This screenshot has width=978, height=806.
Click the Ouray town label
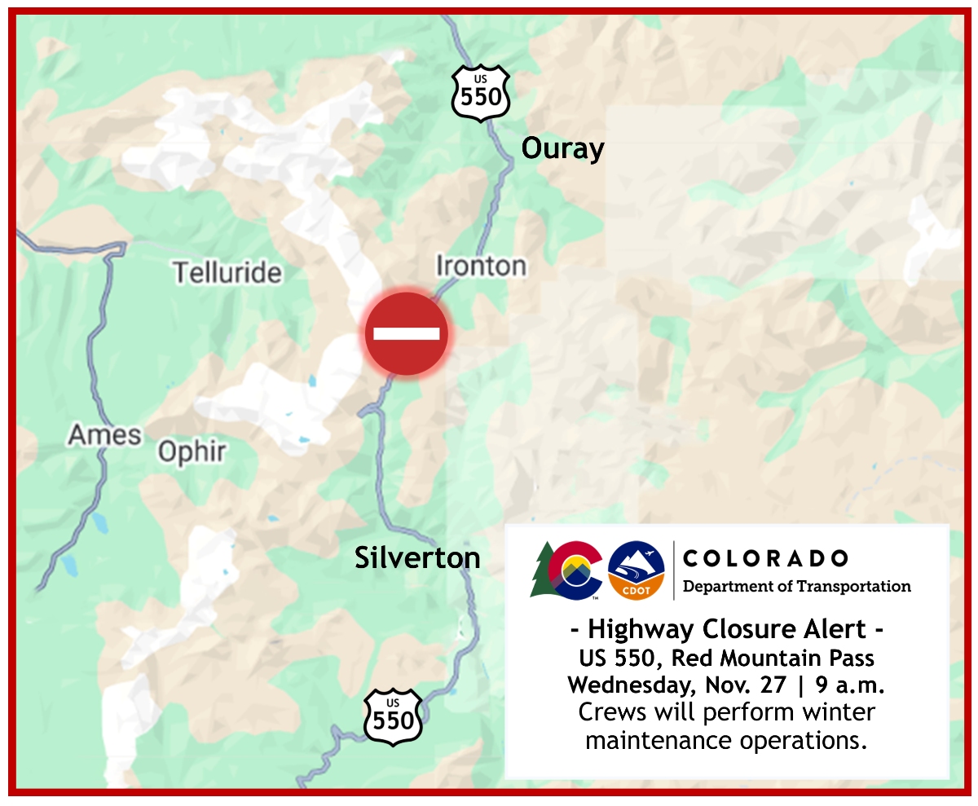(563, 149)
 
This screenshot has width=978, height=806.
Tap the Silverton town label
(417, 558)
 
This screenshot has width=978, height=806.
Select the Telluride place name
(227, 272)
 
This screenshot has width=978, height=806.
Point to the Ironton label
(481, 266)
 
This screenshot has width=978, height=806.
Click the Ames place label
(104, 435)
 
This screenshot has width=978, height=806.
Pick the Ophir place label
(192, 451)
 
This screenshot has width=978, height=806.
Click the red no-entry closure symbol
(407, 333)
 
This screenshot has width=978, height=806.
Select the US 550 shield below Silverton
(394, 716)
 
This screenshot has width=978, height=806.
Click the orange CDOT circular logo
(637, 570)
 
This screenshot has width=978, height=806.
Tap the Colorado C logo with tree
(567, 570)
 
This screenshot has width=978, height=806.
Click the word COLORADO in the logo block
(765, 558)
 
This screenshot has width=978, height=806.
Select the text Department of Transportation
(796, 586)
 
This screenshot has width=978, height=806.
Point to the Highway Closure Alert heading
(725, 630)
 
